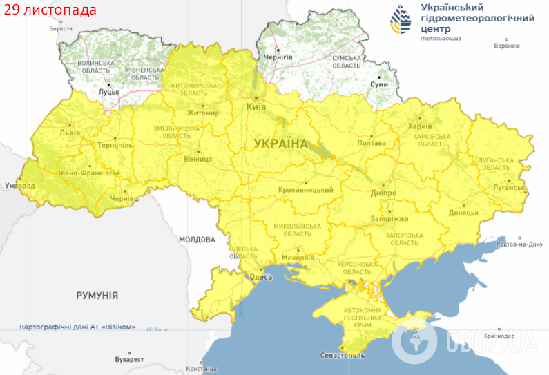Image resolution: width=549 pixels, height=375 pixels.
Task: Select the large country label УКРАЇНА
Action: pos(281,144)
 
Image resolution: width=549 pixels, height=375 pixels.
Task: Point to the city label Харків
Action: pos(420,126)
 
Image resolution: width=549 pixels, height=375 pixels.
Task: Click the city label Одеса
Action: pos(260,277)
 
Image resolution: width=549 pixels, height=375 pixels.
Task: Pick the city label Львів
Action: pos(70,132)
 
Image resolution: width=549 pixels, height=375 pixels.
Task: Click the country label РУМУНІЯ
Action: pos(97,296)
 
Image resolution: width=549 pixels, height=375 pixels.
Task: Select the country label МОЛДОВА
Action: pos(197,240)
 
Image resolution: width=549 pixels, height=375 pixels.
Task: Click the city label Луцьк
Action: pos(109,91)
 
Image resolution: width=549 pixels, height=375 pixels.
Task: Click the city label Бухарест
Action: pos(129,360)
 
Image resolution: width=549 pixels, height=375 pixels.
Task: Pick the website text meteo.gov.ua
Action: pos(441,39)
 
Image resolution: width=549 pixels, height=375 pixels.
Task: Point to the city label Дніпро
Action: pos(383,193)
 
